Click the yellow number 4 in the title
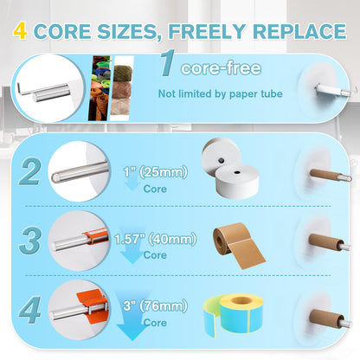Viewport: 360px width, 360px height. point(20,31)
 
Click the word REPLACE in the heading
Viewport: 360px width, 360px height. point(299,31)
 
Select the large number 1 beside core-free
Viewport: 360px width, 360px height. point(168,63)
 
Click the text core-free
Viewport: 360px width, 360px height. point(221,68)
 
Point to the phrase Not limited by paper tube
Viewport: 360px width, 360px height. point(221,93)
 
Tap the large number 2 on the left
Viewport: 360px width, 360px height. point(29,171)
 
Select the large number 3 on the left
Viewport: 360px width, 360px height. point(29,241)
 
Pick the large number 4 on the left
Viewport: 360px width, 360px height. point(29,310)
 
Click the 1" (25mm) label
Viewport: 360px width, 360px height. point(156,172)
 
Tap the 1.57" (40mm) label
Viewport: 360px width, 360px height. point(156,239)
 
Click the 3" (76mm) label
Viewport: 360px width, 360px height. point(156,305)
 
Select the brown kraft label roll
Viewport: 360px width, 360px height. point(238,245)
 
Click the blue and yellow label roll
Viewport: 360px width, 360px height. point(234,315)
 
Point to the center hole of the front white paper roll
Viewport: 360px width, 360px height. point(237,172)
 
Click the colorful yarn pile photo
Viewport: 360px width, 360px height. point(100,88)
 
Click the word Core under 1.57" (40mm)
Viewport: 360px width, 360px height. point(155,255)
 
